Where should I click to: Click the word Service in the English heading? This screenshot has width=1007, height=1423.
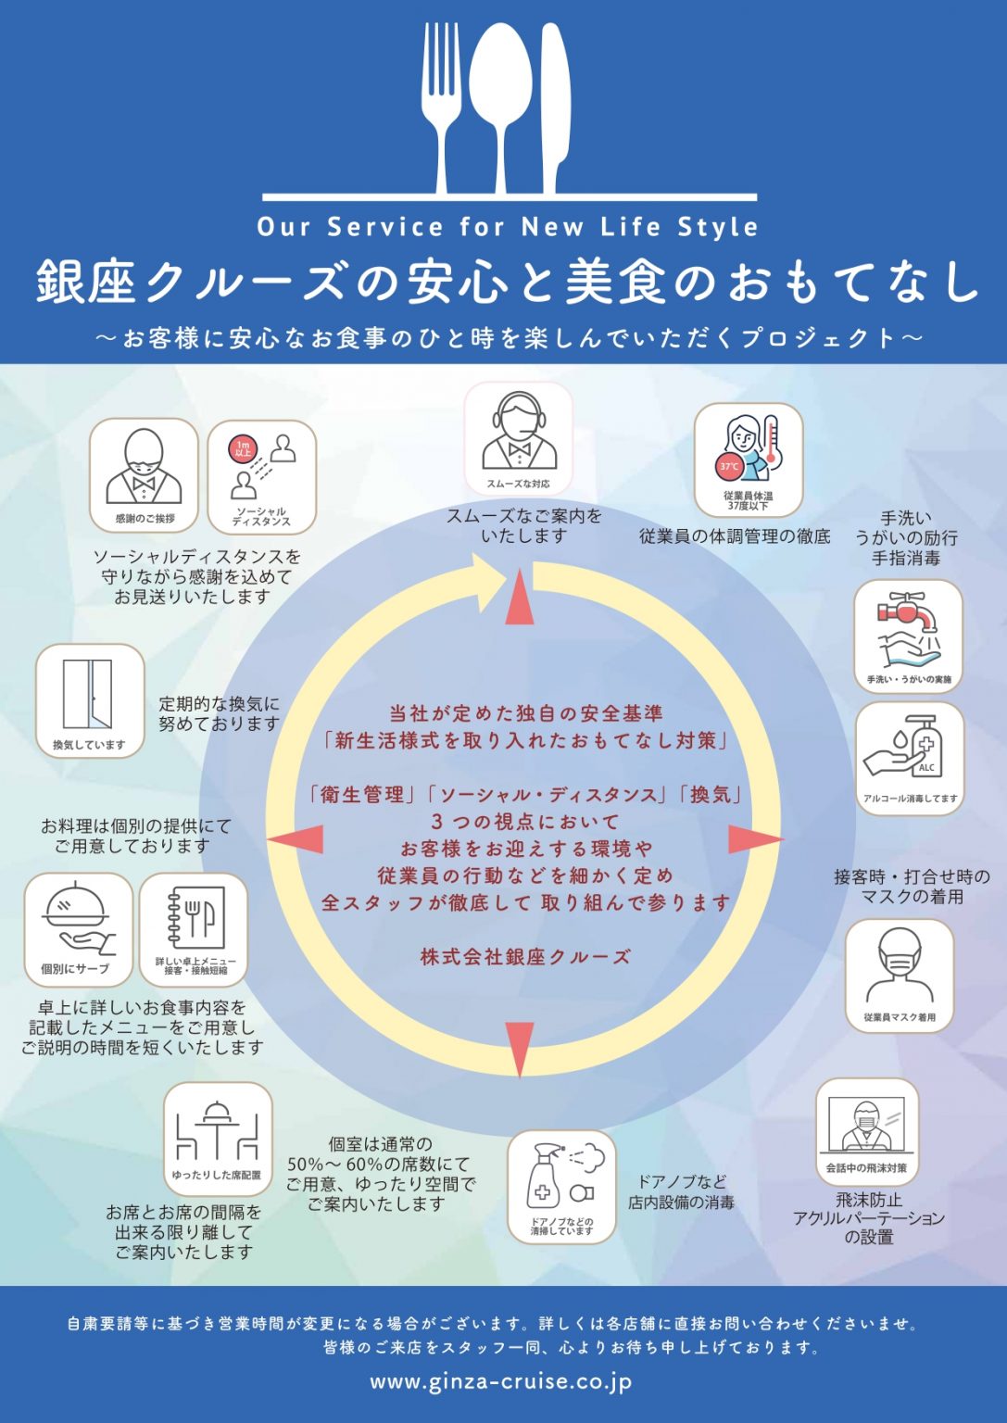point(385,227)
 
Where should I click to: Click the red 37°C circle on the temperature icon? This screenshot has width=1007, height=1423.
point(729,467)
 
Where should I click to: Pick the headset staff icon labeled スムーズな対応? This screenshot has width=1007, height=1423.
point(519,438)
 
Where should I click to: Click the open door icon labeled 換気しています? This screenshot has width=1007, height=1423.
point(90,700)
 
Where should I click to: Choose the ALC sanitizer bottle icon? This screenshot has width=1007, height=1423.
point(909,757)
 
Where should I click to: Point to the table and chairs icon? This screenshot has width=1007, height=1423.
point(218,1139)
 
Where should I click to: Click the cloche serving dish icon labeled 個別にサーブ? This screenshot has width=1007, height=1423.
point(78,929)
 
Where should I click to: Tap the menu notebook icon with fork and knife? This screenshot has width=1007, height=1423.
point(194,929)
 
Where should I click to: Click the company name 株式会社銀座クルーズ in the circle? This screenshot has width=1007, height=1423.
point(525,956)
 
